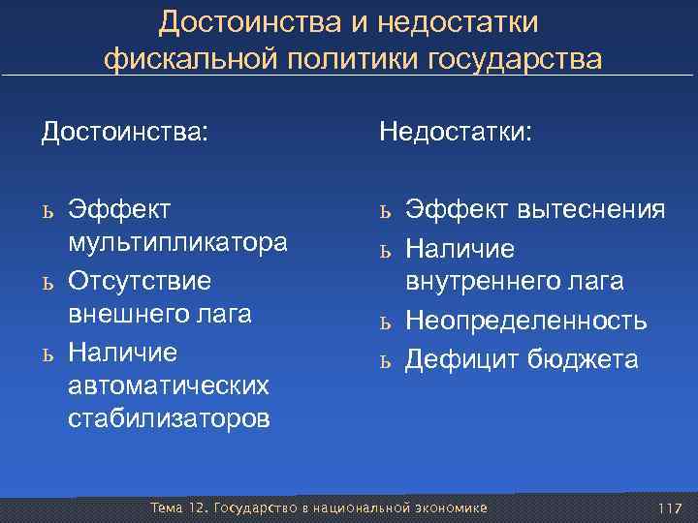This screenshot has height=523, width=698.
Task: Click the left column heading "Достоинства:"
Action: tap(124, 130)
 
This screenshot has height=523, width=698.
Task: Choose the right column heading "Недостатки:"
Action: tap(455, 130)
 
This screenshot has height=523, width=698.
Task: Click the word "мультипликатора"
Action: tap(177, 243)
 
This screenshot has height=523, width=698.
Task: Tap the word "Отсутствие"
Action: tap(140, 279)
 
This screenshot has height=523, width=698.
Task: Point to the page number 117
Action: tap(670, 508)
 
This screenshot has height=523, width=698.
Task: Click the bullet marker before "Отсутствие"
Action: tap(47, 282)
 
